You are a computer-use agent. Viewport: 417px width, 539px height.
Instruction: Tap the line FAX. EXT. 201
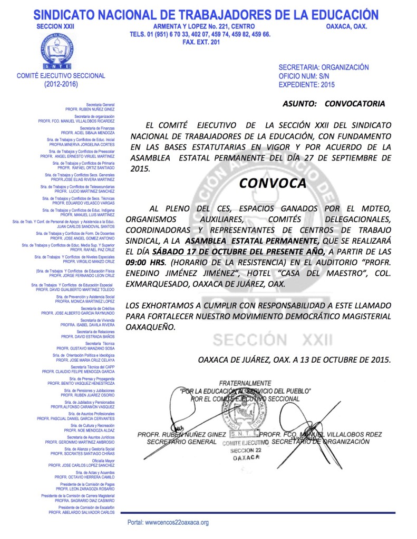pos(200,43)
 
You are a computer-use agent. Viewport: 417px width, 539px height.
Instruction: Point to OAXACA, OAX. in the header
pos(346,26)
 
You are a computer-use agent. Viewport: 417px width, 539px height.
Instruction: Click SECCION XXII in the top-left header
pos(55,26)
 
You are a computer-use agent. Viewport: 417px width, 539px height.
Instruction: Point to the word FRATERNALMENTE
pos(245,383)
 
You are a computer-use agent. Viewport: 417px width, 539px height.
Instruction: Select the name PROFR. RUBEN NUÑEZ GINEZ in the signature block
pos(181,434)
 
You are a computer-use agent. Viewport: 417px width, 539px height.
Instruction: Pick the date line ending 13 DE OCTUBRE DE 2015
pos(295,360)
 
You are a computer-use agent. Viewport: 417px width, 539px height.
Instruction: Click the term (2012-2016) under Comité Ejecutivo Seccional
pos(61,84)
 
